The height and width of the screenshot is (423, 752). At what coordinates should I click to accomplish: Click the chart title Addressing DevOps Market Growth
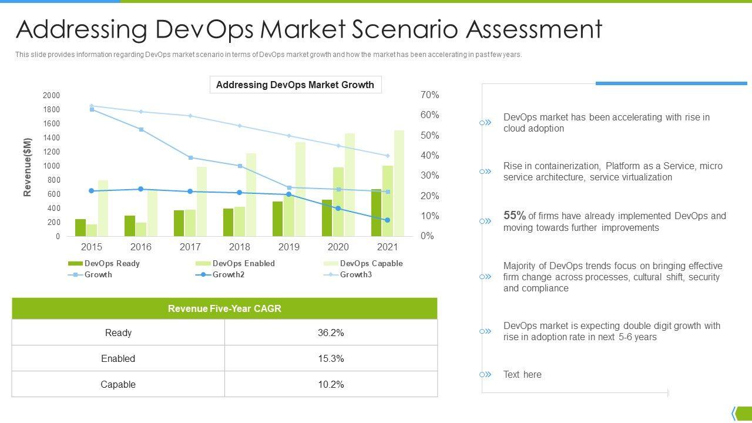(x=295, y=85)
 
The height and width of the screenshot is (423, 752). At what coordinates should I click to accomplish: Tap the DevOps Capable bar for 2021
(x=399, y=183)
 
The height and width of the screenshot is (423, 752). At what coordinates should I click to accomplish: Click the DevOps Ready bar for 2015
(x=80, y=228)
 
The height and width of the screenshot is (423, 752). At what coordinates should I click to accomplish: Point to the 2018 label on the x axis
(x=240, y=247)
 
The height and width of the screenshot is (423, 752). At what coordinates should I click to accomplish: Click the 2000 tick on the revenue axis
(x=52, y=95)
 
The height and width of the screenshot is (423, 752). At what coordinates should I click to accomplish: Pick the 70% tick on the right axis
(x=430, y=95)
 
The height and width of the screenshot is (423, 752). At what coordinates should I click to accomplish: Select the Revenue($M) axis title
(x=28, y=167)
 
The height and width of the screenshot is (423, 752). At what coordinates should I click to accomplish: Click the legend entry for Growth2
(x=228, y=274)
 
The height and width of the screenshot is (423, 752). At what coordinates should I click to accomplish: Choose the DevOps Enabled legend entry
(x=243, y=263)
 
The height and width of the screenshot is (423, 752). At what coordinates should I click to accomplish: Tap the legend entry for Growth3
(x=355, y=274)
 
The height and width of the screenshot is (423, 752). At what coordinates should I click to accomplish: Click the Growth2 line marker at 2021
(x=388, y=220)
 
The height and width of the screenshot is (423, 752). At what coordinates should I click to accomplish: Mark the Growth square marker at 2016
(x=141, y=129)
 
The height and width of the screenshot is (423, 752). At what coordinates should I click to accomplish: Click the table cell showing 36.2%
(x=331, y=333)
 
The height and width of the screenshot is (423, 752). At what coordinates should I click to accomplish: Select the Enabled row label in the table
(x=118, y=358)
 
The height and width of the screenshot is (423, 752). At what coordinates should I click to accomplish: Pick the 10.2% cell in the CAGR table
(x=331, y=384)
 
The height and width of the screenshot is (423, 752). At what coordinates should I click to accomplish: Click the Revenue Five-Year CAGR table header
(x=224, y=308)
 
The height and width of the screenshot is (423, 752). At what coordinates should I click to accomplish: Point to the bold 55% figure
(x=514, y=216)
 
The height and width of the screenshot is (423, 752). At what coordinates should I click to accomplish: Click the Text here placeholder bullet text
(x=522, y=374)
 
